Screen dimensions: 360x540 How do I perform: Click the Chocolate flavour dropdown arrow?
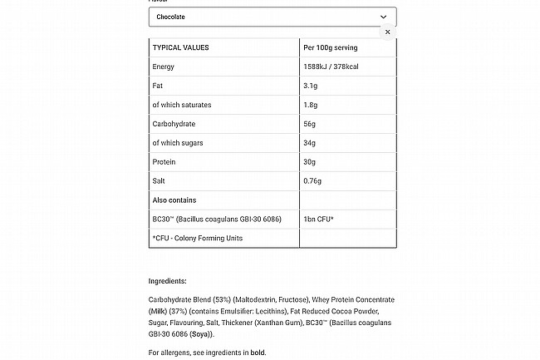pyautogui.click(x=383, y=17)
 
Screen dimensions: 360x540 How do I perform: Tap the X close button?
pyautogui.click(x=387, y=32)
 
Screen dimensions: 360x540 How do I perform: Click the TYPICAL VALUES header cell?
pyautogui.click(x=180, y=47)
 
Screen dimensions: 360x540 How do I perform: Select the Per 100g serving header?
pyautogui.click(x=331, y=47)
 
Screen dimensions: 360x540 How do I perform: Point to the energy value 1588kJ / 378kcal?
pyautogui.click(x=339, y=67)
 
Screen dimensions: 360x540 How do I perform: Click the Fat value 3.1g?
pyautogui.click(x=311, y=86)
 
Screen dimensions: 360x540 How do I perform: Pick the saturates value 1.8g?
pyautogui.click(x=311, y=105)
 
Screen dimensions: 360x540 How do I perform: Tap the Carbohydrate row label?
pyautogui.click(x=173, y=124)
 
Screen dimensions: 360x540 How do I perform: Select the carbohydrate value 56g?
pyautogui.click(x=310, y=124)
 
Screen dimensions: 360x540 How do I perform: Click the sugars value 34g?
pyautogui.click(x=310, y=143)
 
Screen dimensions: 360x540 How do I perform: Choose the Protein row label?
pyautogui.click(x=164, y=162)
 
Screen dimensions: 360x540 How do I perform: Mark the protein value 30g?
pyautogui.click(x=310, y=162)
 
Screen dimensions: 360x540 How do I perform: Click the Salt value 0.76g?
pyautogui.click(x=313, y=181)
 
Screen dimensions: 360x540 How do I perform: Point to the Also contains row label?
pyautogui.click(x=174, y=200)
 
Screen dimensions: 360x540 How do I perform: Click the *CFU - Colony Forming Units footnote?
pyautogui.click(x=197, y=239)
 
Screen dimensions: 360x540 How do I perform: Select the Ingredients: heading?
pyautogui.click(x=167, y=281)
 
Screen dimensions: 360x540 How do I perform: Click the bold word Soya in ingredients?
pyautogui.click(x=200, y=334)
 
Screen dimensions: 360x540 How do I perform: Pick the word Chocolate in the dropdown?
pyautogui.click(x=170, y=17)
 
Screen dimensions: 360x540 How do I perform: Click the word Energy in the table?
pyautogui.click(x=163, y=67)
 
